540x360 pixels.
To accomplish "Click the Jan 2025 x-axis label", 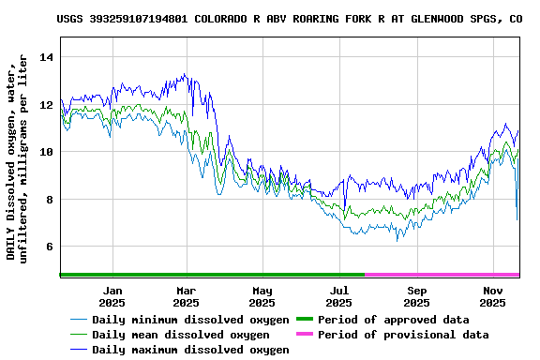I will [x=112, y=296].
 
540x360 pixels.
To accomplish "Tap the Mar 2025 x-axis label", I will [x=187, y=296].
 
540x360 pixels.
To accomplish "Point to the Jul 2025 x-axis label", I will [x=340, y=296].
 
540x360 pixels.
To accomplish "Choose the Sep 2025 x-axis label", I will [x=417, y=296].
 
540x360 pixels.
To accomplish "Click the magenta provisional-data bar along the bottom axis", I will [x=442, y=275].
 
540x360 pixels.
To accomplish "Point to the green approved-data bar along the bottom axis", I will [x=212, y=275].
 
